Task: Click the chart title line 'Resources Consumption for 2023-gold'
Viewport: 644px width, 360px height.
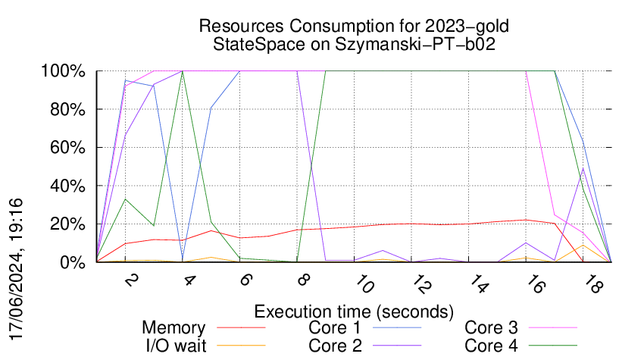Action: (353, 26)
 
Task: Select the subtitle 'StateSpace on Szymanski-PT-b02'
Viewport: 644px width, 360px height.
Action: (353, 44)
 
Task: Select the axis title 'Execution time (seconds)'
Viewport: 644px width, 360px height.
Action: (354, 311)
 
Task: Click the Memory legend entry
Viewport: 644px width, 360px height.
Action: (174, 328)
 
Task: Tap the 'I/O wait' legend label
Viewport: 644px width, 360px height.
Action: (174, 346)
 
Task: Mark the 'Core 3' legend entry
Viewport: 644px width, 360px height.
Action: (491, 328)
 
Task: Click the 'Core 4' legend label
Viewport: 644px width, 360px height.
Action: (491, 346)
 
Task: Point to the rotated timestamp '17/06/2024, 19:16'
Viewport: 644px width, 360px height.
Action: (20, 268)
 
